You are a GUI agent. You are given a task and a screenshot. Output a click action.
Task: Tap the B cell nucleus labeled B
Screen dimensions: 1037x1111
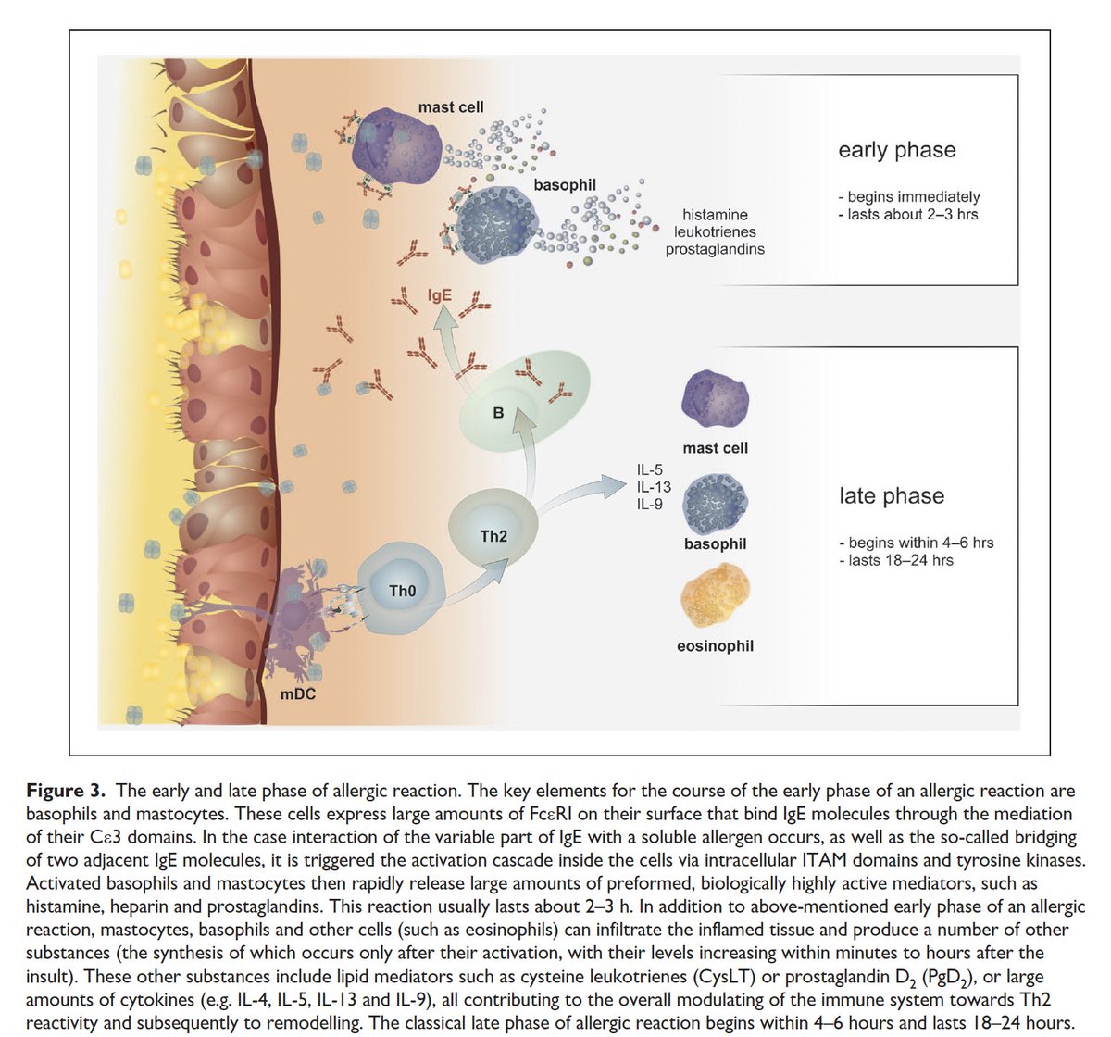[498, 413]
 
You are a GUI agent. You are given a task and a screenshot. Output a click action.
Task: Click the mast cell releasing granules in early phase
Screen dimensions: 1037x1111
[399, 144]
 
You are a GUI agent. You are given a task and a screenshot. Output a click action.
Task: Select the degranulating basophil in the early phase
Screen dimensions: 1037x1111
[501, 223]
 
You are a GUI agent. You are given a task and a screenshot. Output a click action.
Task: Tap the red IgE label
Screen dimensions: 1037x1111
[439, 297]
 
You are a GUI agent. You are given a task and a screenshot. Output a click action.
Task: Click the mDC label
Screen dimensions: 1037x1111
[299, 693]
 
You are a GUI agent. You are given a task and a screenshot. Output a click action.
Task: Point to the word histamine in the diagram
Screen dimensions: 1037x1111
[715, 215]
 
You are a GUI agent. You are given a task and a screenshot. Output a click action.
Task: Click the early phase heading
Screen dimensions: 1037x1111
[896, 150]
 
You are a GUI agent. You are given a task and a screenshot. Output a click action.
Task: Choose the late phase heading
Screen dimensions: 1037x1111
[891, 496]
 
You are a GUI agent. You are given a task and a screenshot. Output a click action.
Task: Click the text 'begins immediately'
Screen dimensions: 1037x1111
[913, 196]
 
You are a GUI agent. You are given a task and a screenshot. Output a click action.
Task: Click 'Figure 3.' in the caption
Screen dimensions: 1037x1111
[68, 791]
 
